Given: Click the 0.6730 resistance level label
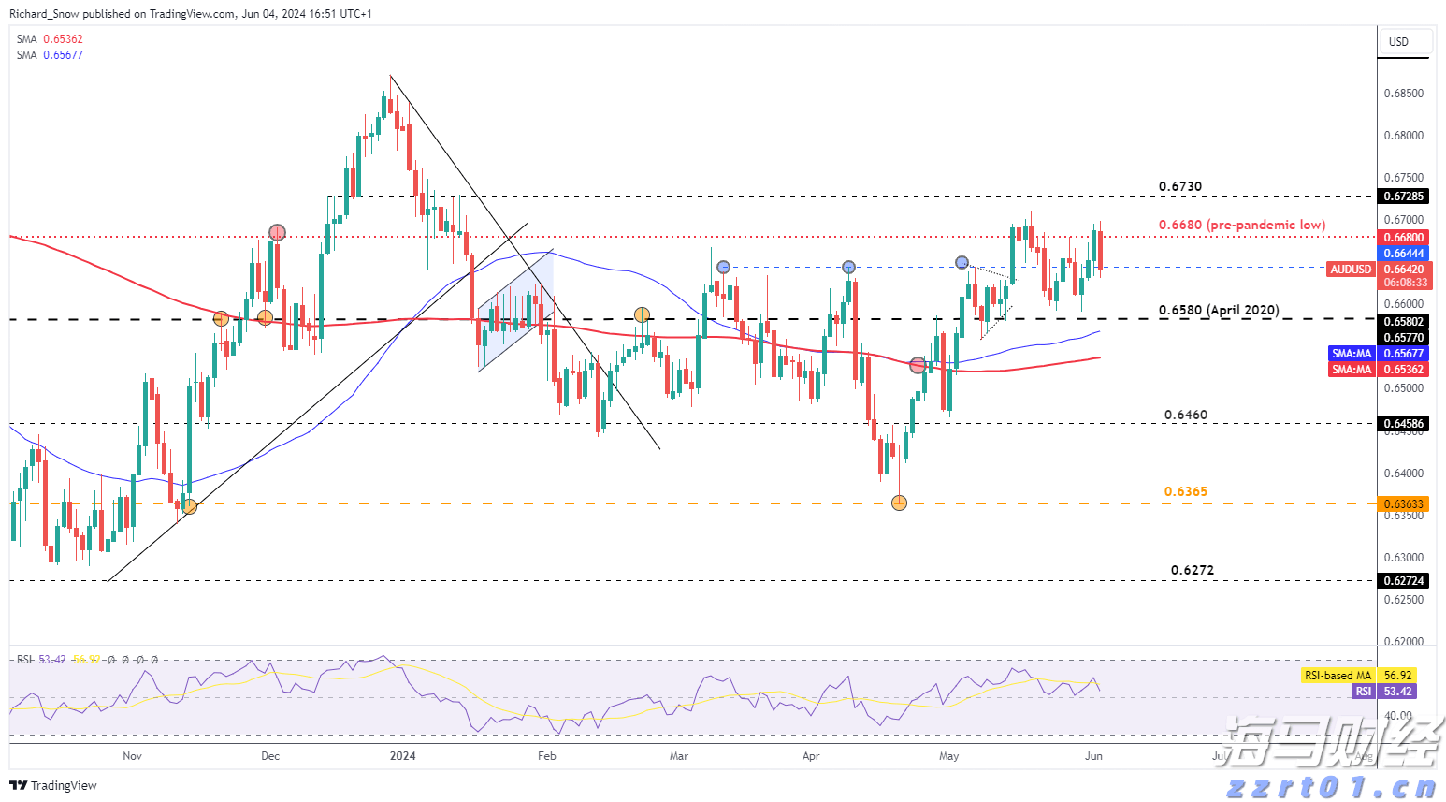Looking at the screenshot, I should (x=1180, y=186).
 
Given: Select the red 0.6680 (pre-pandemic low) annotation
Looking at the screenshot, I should (x=1241, y=225).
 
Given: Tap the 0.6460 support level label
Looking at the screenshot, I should (x=1185, y=415).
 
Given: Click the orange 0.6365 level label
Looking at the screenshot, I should (x=1185, y=491).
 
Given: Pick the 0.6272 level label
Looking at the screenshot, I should (x=1192, y=570).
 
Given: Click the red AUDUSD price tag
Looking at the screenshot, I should (x=1351, y=270).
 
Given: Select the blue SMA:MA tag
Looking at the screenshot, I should (x=1351, y=354).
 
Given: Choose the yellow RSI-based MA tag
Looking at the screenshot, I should (x=1338, y=676).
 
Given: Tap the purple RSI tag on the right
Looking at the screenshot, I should (x=1363, y=692).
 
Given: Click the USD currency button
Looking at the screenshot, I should (x=1398, y=42).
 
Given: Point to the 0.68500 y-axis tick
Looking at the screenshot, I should (x=1403, y=94).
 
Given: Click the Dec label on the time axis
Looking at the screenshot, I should (x=270, y=756).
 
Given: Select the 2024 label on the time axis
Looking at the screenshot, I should (x=402, y=756).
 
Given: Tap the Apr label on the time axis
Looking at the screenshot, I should (x=810, y=756).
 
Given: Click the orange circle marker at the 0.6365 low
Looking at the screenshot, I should (x=899, y=503).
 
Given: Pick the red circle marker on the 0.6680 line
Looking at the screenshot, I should (x=277, y=232).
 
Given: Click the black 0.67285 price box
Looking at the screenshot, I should (x=1403, y=197).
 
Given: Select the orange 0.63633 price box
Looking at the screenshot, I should (x=1403, y=504).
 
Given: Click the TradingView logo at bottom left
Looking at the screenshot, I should (x=54, y=785).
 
